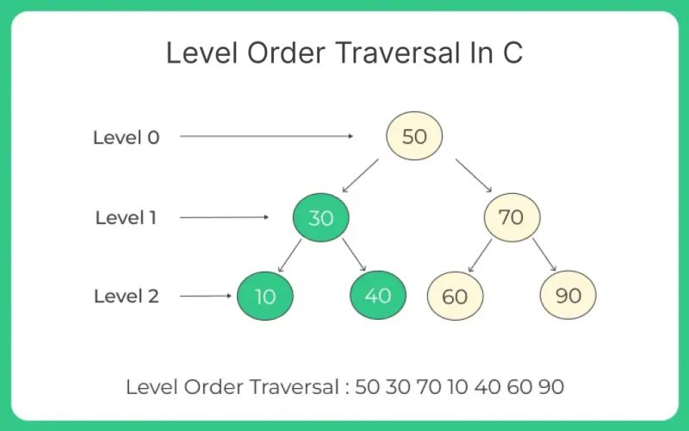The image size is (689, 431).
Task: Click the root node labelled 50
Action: pos(413,136)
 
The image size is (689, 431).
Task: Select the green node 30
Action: pos(320,217)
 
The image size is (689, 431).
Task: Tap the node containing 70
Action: pos(511,216)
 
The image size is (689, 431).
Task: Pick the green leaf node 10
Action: pos(265,296)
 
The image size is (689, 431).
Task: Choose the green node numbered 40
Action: pos(378,296)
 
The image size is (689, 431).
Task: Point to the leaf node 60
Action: pos(455,297)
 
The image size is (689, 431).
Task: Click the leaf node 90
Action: pos(568,296)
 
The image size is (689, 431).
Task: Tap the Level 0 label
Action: pos(126,136)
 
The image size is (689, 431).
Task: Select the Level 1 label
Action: pos(126,217)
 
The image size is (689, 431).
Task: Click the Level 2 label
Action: pos(126,297)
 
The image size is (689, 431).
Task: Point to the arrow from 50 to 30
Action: pos(360,175)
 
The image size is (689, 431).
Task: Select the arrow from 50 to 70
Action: pos(474,175)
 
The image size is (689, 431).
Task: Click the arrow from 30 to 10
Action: pos(289,255)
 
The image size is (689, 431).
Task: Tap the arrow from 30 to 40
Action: pos(355,255)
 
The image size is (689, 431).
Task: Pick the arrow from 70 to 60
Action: pos(480,255)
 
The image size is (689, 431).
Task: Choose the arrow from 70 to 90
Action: pos(543,255)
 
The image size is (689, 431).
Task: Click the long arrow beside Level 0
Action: pos(267,136)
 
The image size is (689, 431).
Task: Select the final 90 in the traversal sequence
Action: pos(551,387)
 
